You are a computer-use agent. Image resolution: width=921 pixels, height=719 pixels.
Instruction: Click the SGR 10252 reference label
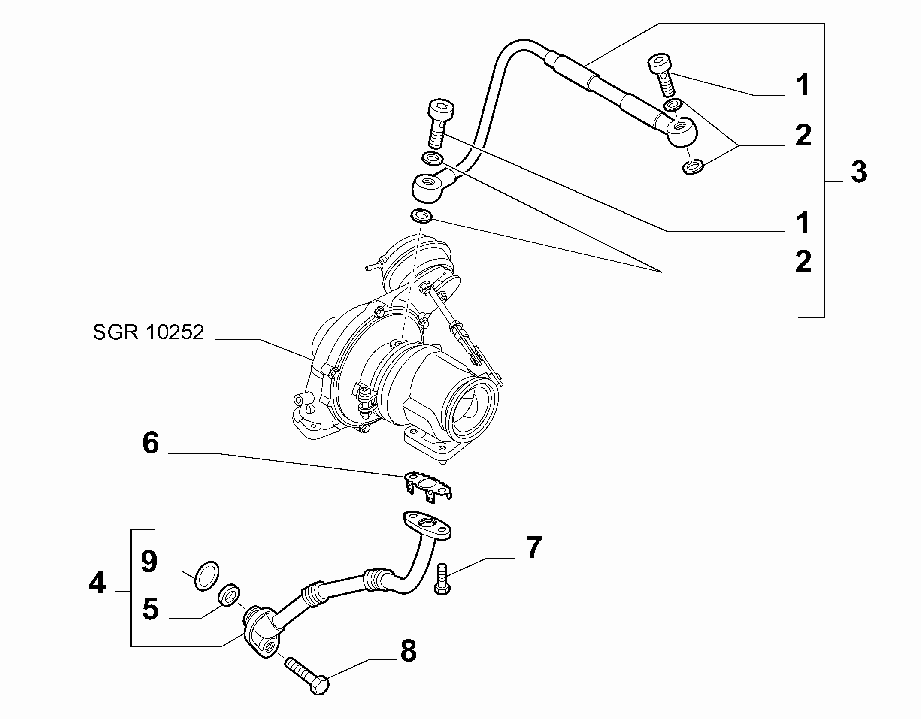point(148,332)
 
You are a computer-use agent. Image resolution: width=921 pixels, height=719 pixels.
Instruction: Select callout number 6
point(151,443)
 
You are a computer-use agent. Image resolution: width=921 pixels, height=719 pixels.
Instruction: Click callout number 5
point(150,609)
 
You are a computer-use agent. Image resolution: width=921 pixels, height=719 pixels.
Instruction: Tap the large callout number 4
point(97,583)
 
